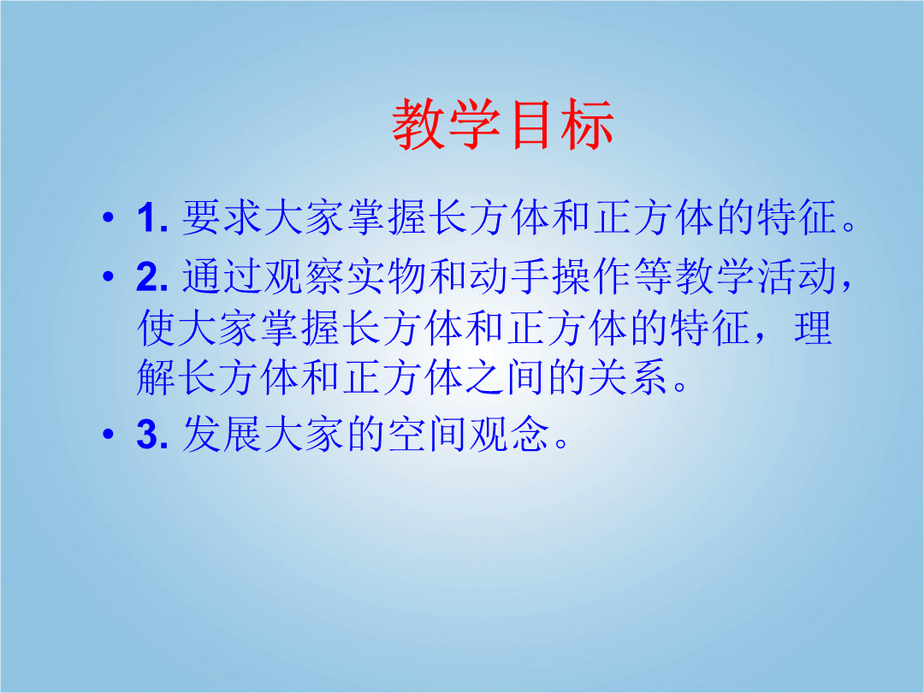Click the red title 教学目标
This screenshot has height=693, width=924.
click(x=503, y=124)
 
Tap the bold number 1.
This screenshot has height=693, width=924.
click(x=152, y=218)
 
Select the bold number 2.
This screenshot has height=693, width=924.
click(x=152, y=276)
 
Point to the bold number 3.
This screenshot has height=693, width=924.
click(x=152, y=435)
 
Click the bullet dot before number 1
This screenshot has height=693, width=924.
click(x=108, y=217)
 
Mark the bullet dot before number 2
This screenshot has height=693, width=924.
click(x=108, y=275)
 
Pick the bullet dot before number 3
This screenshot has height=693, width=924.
click(x=108, y=435)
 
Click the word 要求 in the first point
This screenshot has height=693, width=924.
click(x=222, y=217)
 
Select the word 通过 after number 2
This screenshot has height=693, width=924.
click(x=222, y=276)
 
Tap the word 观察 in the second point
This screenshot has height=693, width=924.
click(x=305, y=276)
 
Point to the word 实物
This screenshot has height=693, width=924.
click(x=388, y=276)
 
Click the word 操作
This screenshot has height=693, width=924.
click(x=593, y=276)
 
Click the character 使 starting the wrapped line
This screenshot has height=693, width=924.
click(x=157, y=328)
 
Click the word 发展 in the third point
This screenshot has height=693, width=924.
click(x=222, y=435)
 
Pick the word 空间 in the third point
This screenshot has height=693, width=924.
click(x=429, y=435)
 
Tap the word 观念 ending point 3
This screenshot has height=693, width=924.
click(x=510, y=435)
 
